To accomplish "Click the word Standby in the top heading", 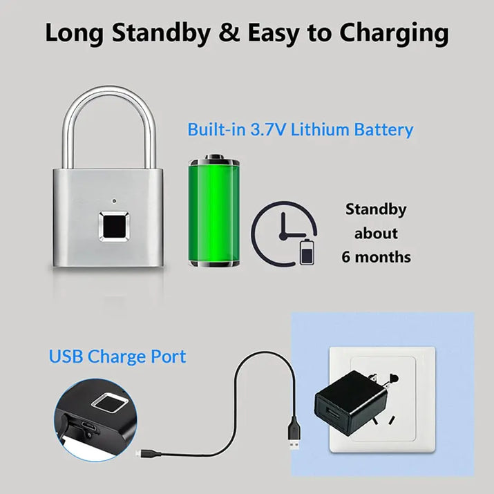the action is point(161,33).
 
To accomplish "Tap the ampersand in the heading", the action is point(229,32).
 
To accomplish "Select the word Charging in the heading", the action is point(394,34).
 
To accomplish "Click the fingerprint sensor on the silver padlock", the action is point(114,227).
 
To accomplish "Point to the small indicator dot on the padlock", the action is point(114,200).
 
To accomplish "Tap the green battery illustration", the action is point(214,211).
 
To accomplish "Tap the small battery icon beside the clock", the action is point(307,251).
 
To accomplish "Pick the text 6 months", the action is point(376,257).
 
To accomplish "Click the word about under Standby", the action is point(376,234).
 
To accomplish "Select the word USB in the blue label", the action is point(66,357).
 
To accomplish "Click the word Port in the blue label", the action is point(169,357).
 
